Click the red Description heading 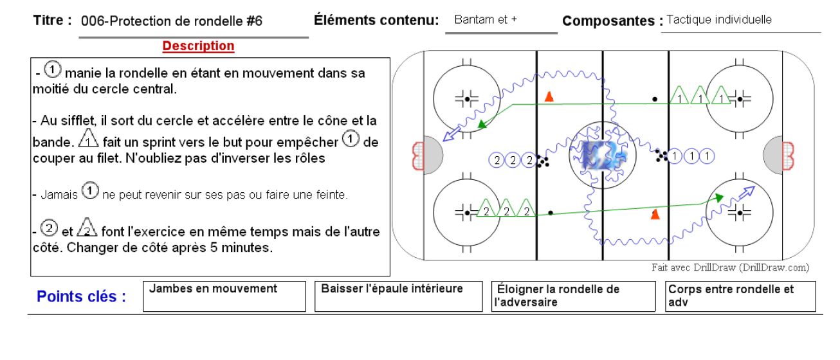[x=198, y=46]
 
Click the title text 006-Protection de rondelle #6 [x=172, y=21]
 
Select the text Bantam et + [x=486, y=19]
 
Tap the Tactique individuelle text [x=719, y=19]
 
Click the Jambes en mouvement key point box [x=224, y=296]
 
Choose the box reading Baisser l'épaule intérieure [x=398, y=296]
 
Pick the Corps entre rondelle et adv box [x=740, y=296]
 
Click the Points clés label [x=81, y=296]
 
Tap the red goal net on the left [x=418, y=156]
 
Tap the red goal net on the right [x=788, y=156]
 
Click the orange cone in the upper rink [x=549, y=96]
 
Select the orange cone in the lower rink [x=655, y=214]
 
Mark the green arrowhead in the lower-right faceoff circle [x=718, y=197]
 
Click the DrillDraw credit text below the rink [x=730, y=267]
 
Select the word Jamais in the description [x=59, y=195]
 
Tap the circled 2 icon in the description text [x=49, y=228]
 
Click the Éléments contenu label [x=376, y=20]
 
